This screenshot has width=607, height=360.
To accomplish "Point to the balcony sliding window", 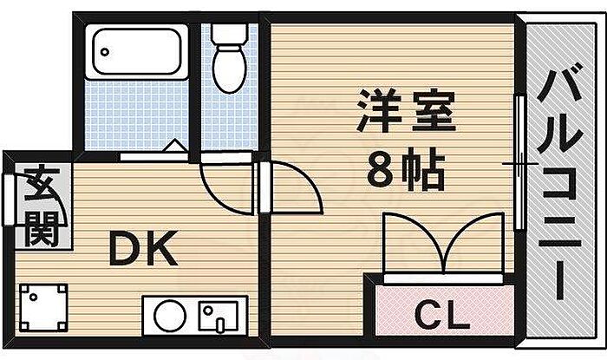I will coord(519,165).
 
